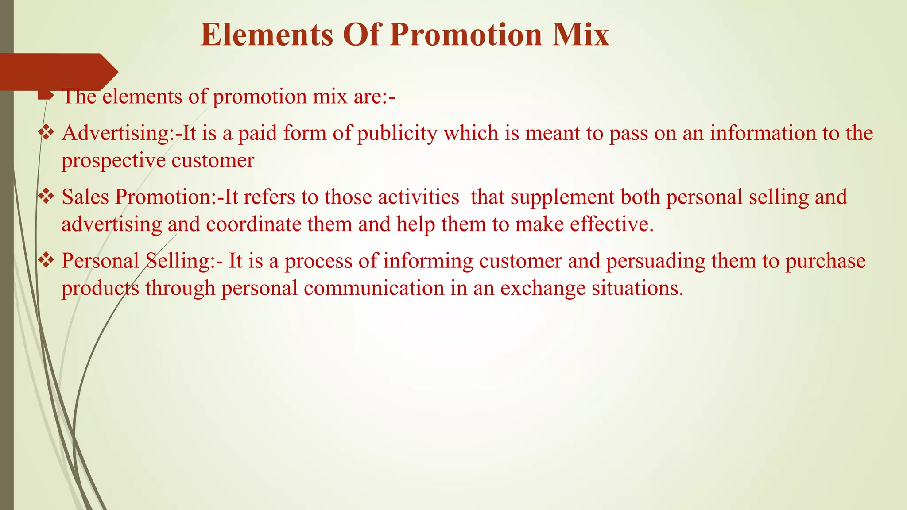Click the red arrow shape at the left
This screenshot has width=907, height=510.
(58, 72)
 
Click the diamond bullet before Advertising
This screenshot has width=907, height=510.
(46, 133)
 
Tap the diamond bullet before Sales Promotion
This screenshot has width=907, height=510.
(46, 197)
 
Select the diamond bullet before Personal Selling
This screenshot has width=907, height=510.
(46, 260)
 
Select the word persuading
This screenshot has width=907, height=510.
(655, 261)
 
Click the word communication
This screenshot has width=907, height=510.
(374, 289)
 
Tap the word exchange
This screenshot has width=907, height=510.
(543, 289)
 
